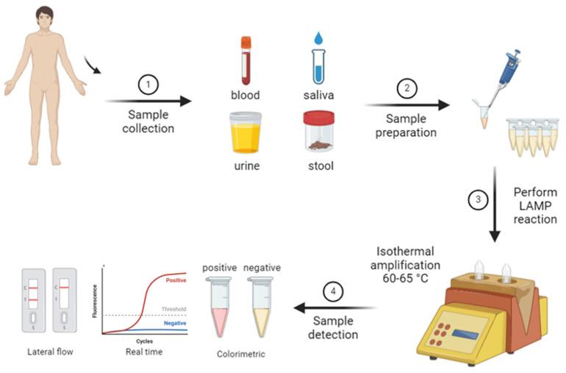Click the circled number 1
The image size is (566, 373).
[148, 85]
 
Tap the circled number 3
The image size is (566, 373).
[478, 199]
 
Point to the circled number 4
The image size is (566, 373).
[334, 292]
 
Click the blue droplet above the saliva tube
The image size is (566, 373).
[318, 38]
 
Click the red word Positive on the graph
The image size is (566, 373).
[176, 280]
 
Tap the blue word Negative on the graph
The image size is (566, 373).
[175, 323]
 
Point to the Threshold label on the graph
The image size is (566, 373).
[173, 309]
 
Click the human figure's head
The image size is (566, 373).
[45, 18]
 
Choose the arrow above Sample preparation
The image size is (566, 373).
[404, 105]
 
